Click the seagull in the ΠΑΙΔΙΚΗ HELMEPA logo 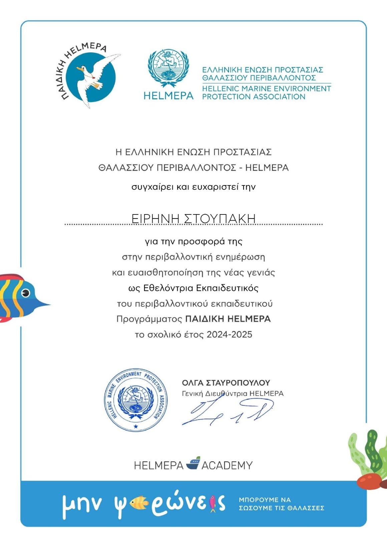pyautogui.click(x=92, y=78)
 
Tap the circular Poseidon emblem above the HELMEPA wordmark pyautogui.click(x=168, y=69)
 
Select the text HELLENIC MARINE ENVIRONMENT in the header pyautogui.click(x=266, y=89)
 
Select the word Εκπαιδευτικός pyautogui.click(x=227, y=288)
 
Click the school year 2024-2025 pyautogui.click(x=230, y=335)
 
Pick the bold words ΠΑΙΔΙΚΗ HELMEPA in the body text pyautogui.click(x=228, y=319)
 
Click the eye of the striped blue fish pyautogui.click(x=25, y=293)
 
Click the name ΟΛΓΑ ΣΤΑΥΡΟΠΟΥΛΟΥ pyautogui.click(x=226, y=383)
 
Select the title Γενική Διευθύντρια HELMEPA pyautogui.click(x=233, y=394)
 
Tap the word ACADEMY pyautogui.click(x=227, y=465)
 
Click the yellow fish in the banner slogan pyautogui.click(x=138, y=502)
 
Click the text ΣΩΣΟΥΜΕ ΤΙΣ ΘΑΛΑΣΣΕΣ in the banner pyautogui.click(x=282, y=508)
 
